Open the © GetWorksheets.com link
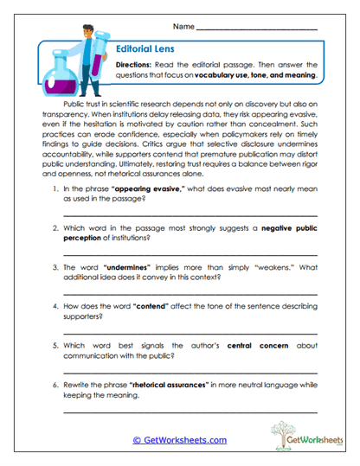point(179,440)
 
